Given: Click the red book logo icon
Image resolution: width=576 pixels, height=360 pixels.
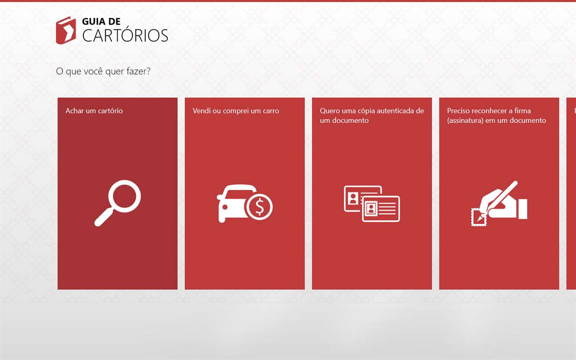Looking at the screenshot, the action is [x=66, y=30].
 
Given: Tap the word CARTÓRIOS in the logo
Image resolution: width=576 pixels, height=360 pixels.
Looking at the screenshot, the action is [x=125, y=36].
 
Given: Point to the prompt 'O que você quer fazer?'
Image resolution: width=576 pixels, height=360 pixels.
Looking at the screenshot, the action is [x=103, y=71].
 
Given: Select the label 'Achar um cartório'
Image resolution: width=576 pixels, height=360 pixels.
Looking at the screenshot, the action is [x=94, y=111].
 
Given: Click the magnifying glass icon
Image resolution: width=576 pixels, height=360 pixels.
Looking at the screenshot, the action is [x=117, y=203].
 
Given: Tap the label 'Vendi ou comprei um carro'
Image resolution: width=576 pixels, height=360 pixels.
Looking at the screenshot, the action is [x=236, y=111].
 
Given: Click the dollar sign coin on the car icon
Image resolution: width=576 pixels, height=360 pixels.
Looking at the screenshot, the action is [x=260, y=207].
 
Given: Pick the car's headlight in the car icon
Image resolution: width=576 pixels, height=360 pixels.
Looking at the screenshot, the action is [x=225, y=207].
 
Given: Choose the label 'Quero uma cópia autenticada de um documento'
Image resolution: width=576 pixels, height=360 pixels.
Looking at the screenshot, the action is [x=372, y=116].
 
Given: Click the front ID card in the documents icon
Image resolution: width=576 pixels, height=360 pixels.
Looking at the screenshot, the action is [x=381, y=208].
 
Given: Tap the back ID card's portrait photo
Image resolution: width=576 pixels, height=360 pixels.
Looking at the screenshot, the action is [x=353, y=199].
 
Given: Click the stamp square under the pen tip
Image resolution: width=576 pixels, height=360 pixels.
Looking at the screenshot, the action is [x=479, y=217].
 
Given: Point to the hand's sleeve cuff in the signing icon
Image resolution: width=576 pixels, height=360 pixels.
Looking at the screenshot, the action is [x=523, y=209].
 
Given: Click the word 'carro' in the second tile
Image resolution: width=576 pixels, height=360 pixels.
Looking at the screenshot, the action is [x=271, y=111].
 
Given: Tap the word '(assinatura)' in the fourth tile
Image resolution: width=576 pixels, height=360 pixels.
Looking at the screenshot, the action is [x=465, y=120].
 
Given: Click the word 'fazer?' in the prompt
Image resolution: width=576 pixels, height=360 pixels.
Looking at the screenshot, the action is [x=138, y=71].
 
